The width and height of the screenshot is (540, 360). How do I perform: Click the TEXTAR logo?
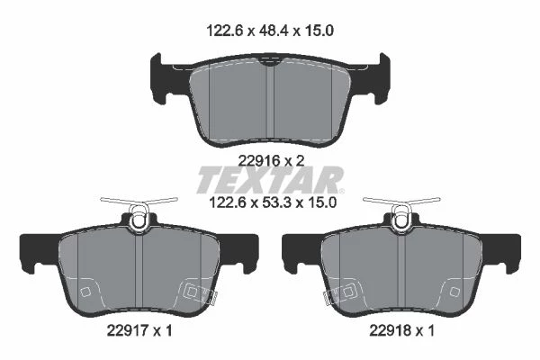tap(270, 180)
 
